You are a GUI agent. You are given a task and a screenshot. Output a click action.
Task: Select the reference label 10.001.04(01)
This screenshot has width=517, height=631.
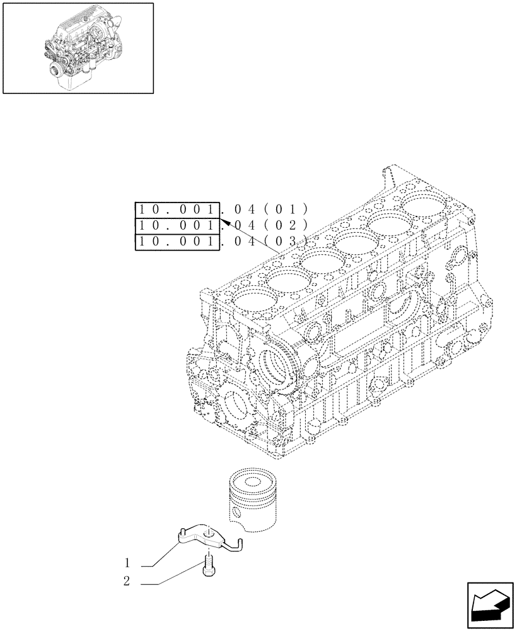click(221, 209)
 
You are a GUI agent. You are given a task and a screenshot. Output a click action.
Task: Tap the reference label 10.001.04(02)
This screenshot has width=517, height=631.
click(221, 225)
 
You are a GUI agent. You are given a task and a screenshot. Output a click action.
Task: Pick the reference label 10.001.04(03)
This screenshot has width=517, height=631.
click(221, 242)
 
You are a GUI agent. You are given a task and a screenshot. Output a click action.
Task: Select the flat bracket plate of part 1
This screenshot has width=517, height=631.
click(199, 536)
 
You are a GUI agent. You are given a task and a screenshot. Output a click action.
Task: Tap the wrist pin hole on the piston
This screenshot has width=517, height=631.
click(239, 510)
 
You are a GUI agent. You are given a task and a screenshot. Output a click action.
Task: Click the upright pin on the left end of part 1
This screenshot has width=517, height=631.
click(180, 532)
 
